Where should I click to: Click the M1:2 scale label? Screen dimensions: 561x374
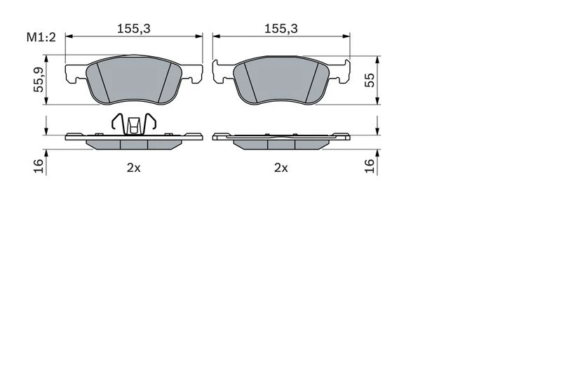41,37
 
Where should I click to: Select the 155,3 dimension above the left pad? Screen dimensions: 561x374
134,29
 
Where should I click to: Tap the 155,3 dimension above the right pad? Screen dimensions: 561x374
281,29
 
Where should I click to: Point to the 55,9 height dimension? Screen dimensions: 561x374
39,80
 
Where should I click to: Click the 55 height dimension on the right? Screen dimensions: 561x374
370,80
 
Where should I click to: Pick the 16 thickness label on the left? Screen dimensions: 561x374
39,166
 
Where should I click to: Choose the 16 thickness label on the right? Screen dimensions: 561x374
370,166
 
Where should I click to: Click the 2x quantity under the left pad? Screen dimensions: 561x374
134,168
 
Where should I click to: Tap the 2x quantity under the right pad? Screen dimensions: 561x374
281,168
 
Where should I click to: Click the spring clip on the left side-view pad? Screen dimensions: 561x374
134,123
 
